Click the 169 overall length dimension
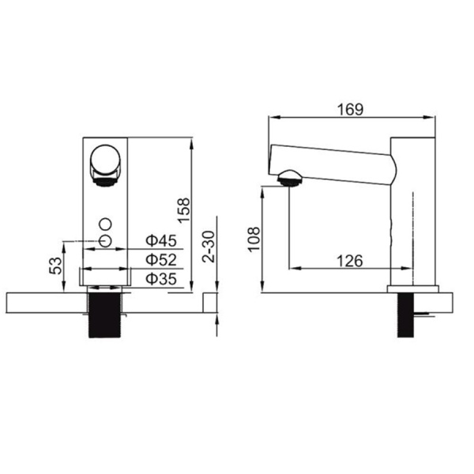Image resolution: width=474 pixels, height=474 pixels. (x=350, y=110)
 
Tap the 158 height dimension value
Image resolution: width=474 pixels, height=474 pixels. (x=184, y=211)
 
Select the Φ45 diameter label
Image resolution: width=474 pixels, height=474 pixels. (x=161, y=241)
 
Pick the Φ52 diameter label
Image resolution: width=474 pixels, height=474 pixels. (x=161, y=260)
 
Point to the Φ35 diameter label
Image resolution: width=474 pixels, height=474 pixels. (x=161, y=279)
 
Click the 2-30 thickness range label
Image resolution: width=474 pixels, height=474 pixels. (x=209, y=246)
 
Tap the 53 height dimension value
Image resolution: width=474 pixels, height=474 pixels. (x=55, y=265)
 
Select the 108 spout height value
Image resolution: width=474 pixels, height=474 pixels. (x=254, y=239)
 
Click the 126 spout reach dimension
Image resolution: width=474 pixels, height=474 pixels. (x=350, y=261)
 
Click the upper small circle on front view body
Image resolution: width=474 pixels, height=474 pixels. (x=106, y=224)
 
